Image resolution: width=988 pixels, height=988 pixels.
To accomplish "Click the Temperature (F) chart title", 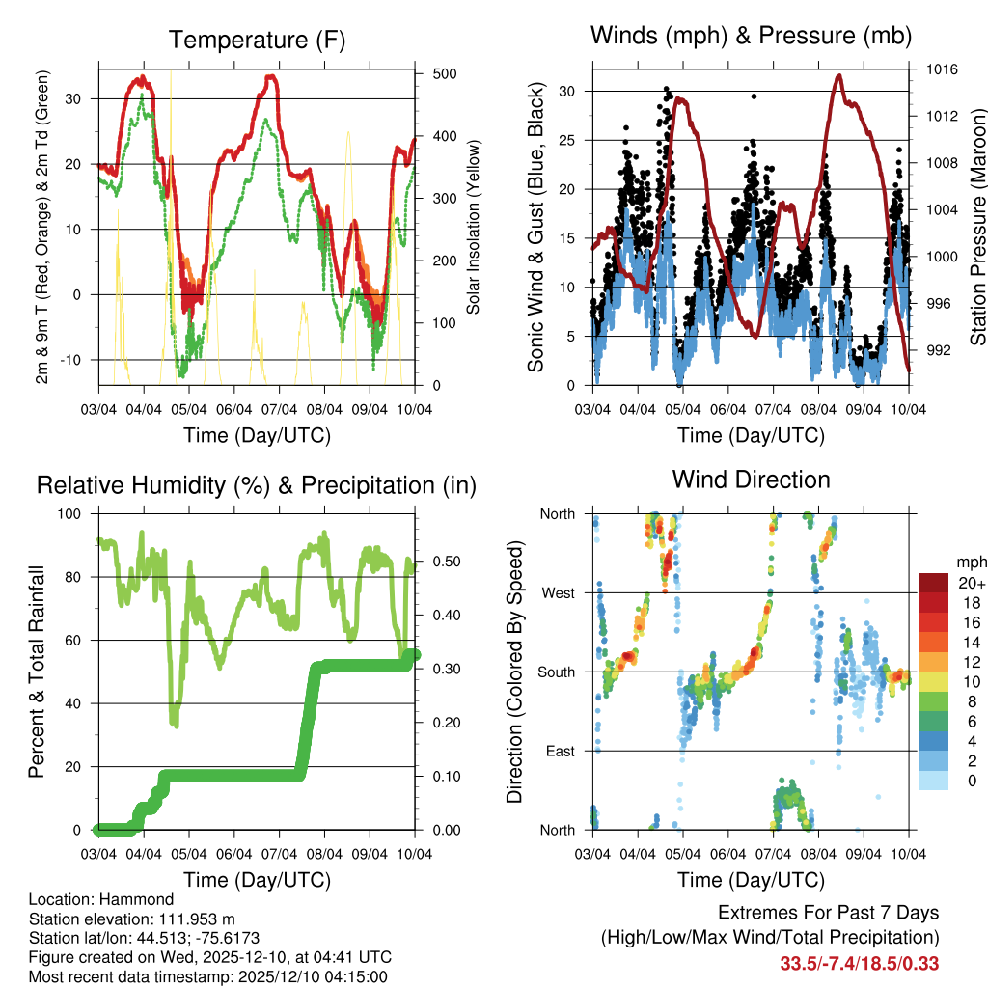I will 257,41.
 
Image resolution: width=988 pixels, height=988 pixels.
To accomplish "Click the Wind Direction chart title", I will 751,480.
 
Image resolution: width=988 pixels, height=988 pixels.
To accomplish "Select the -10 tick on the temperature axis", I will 77,360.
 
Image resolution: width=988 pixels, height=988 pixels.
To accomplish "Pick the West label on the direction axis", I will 557,592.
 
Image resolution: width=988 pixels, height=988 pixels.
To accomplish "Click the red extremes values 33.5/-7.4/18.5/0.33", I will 860,963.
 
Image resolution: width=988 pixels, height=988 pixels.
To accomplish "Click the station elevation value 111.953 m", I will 191,919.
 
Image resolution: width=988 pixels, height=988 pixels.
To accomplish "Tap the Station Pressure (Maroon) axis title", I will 977,228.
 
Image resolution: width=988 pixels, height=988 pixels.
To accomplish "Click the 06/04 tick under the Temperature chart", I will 234,408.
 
